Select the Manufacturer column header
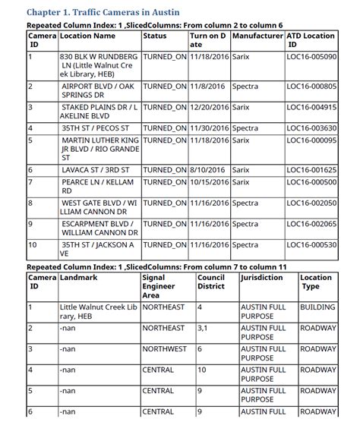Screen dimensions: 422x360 pos(257,36)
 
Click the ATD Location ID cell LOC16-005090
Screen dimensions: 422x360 pos(311,57)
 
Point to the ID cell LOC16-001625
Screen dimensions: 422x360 pos(311,170)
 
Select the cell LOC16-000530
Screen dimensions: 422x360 pos(311,245)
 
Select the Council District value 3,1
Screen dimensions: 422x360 pos(203,328)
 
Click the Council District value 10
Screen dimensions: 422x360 pos(202,370)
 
